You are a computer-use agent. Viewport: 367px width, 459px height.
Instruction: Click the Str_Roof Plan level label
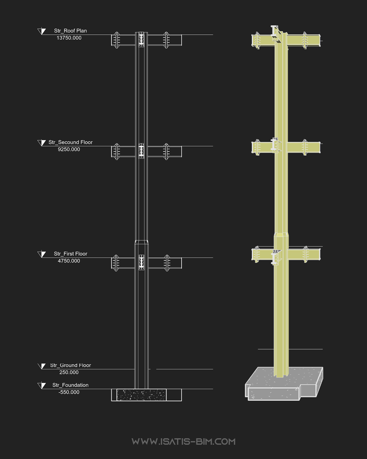coord(70,31)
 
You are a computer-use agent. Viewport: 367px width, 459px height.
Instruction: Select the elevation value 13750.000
coord(69,38)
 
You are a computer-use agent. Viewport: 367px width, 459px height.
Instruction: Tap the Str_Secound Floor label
coord(70,142)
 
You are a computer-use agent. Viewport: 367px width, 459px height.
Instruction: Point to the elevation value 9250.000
coord(69,149)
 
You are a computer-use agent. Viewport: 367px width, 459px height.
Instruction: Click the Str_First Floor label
coord(70,254)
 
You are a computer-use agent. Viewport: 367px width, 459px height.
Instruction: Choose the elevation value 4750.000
coord(69,261)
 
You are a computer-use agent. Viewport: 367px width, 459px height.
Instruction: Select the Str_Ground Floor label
coord(70,365)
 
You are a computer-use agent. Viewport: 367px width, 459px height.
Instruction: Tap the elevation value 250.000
coord(69,372)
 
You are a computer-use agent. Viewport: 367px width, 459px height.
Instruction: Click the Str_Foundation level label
coord(70,385)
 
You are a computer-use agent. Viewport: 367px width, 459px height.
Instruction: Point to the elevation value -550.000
coord(69,392)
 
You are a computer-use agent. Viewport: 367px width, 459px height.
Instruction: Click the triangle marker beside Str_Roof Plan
coord(42,31)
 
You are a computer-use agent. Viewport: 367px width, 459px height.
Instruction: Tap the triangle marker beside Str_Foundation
coord(42,386)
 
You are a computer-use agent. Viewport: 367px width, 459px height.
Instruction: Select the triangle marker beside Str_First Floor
coord(42,254)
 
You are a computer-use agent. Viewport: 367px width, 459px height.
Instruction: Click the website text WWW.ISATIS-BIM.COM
coord(183,442)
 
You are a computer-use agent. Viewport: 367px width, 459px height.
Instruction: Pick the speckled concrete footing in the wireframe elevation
coord(141,395)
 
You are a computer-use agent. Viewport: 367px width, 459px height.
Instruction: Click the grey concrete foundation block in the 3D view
coord(284,384)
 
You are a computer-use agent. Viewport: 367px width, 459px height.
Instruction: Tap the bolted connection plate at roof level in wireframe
coord(141,39)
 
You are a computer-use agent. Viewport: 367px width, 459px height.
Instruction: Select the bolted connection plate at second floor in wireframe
coord(141,151)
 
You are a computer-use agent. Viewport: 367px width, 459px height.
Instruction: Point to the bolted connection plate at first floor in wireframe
coord(141,262)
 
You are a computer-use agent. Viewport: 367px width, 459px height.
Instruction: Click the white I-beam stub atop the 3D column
coord(275,33)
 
